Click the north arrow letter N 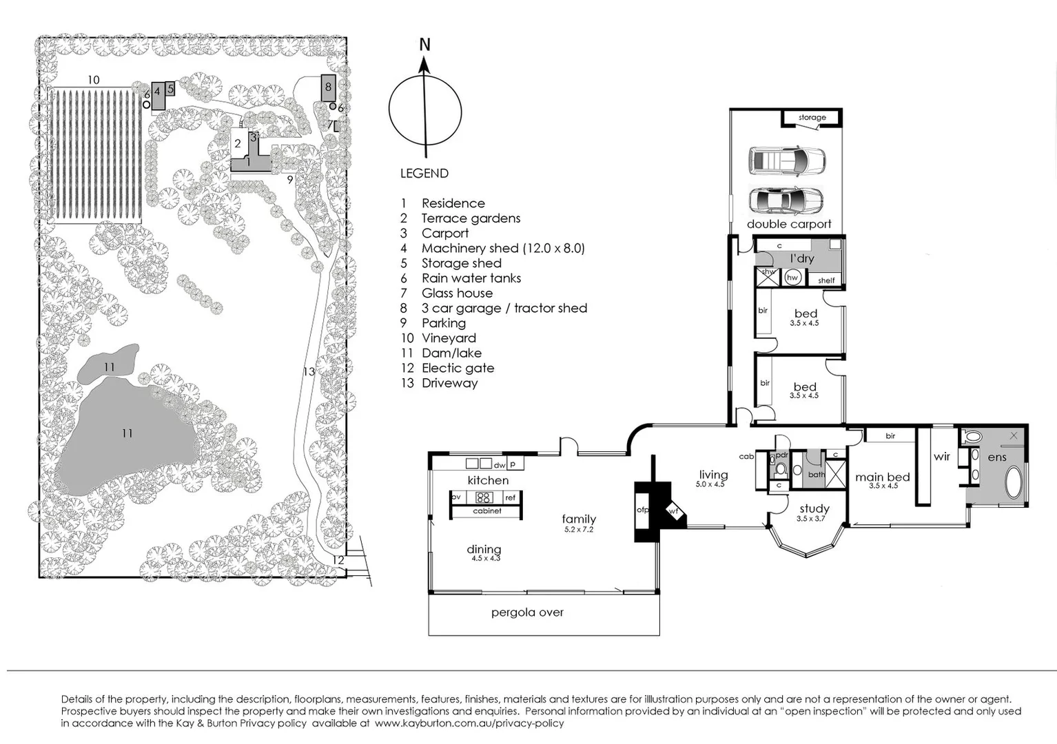click(424, 45)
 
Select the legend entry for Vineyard click(449, 338)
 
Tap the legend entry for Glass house click(457, 293)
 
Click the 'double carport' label click(789, 224)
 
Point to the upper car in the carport click(786, 160)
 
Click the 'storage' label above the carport click(812, 118)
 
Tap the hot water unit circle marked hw click(792, 278)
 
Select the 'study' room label click(814, 509)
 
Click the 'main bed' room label click(882, 477)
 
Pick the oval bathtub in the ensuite click(1014, 482)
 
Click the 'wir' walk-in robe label click(941, 457)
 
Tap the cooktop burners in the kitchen click(483, 497)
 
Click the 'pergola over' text click(527, 612)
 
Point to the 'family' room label click(579, 519)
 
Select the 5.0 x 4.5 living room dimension click(710, 484)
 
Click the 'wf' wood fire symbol click(673, 512)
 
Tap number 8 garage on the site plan click(328, 87)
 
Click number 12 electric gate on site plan click(338, 560)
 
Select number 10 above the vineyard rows click(93, 80)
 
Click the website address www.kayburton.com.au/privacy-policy click(469, 723)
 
